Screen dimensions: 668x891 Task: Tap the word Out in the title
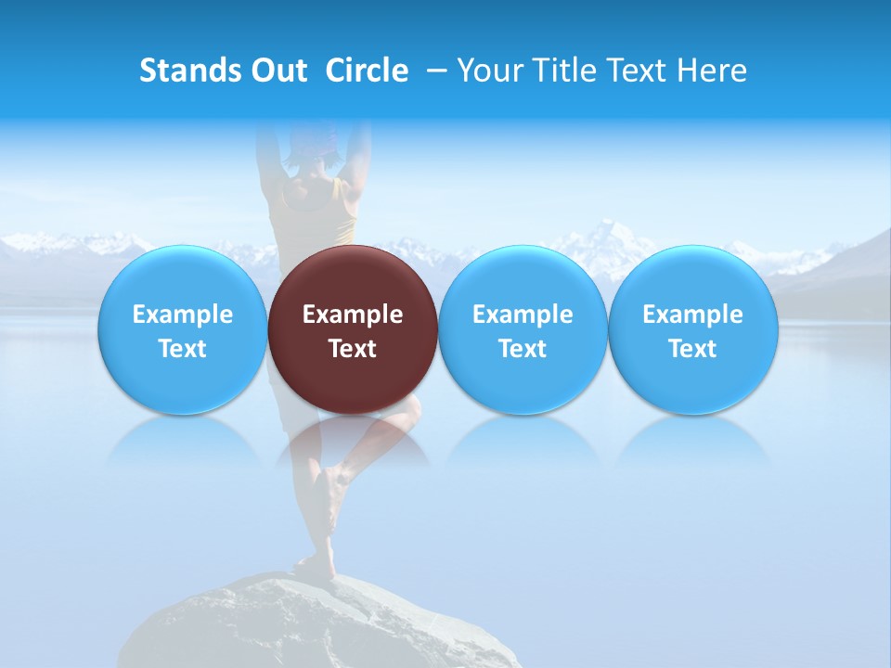tap(278, 71)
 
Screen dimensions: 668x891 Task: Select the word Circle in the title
tap(367, 71)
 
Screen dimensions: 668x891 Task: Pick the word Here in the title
tap(712, 71)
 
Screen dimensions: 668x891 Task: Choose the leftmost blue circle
tap(182, 329)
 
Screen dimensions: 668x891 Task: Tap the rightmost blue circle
tap(692, 329)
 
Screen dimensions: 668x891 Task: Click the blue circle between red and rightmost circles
tap(523, 329)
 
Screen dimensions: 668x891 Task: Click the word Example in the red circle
tap(353, 315)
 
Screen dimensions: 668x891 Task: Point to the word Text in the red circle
tap(353, 349)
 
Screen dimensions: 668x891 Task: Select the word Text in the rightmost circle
tap(692, 349)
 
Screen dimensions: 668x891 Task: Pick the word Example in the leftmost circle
tap(182, 315)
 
